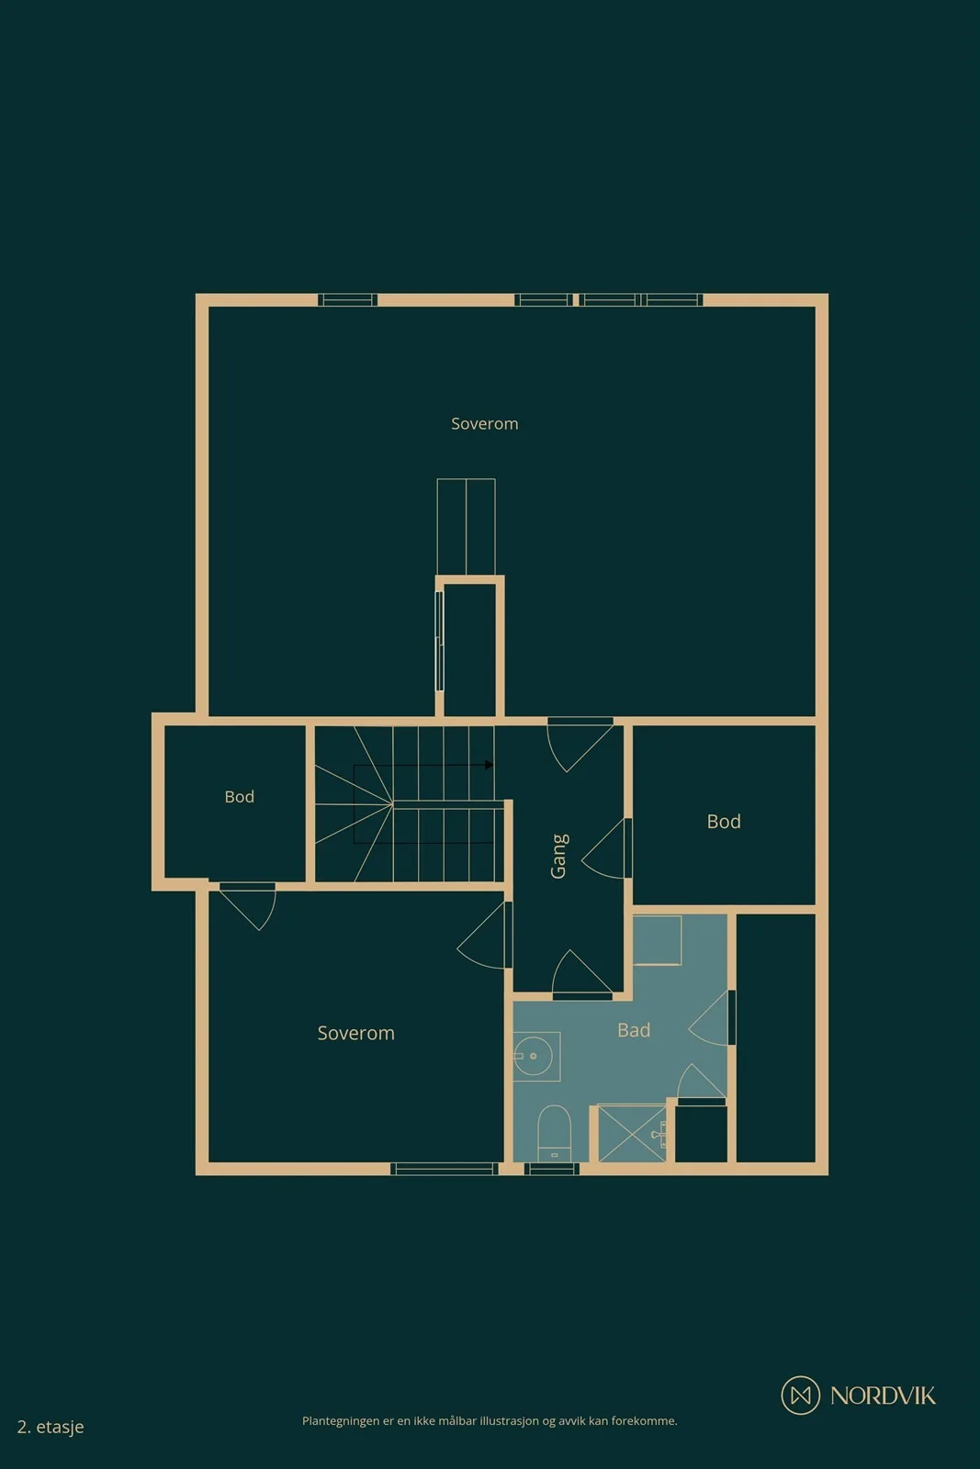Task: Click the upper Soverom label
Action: click(x=484, y=423)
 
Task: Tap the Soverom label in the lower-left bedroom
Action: click(x=355, y=1033)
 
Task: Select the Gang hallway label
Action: click(x=558, y=856)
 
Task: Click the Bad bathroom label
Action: click(x=634, y=1029)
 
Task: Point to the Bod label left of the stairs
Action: click(x=239, y=796)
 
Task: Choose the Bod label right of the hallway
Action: click(x=724, y=821)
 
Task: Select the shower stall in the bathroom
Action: click(x=632, y=1134)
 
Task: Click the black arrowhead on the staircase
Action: click(x=489, y=765)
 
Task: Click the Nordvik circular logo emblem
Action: click(x=800, y=1395)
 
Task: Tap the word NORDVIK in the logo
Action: click(x=883, y=1396)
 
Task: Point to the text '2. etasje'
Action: click(x=51, y=1427)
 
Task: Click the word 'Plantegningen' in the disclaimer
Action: click(x=341, y=1421)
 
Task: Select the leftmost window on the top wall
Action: click(x=348, y=299)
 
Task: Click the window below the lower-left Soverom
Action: click(x=445, y=1168)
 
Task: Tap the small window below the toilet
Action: click(x=552, y=1168)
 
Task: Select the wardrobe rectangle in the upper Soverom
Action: click(x=466, y=527)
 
